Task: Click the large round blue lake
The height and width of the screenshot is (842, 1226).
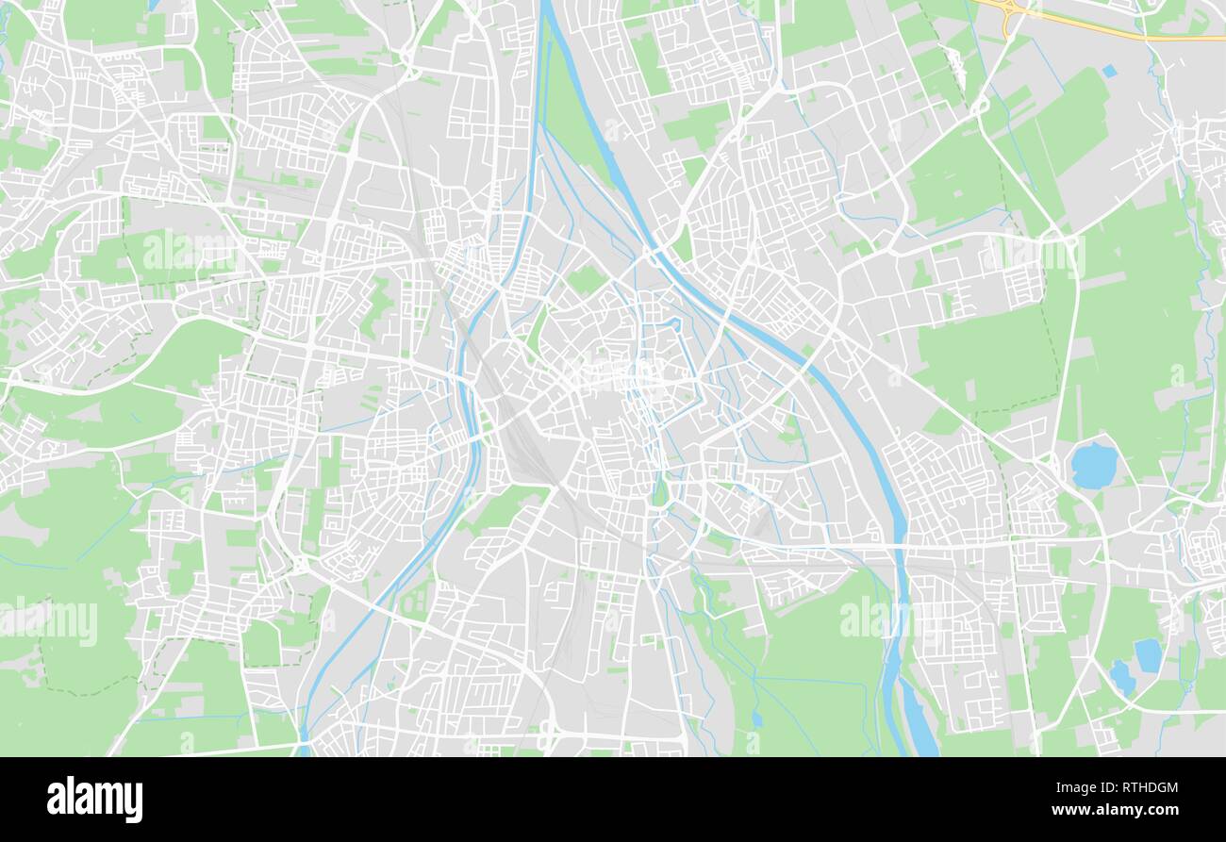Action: (1094, 465)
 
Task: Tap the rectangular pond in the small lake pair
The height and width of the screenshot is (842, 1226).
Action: (1147, 655)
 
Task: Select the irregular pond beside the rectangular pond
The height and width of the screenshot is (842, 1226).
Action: (1121, 676)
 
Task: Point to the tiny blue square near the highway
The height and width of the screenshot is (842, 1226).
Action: (1108, 71)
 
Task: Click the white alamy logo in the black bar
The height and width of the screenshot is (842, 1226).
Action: (94, 799)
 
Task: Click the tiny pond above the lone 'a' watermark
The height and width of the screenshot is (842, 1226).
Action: (756, 719)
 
